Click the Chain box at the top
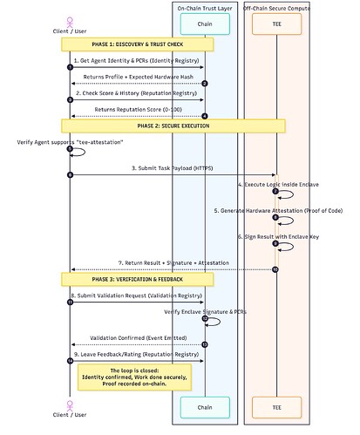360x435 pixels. coord(204,24)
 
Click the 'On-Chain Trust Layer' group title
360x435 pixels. coord(204,7)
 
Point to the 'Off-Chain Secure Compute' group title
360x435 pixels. coord(275,7)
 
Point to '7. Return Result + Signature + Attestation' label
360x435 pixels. coord(172,262)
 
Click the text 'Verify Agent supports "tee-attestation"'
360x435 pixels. coord(70,142)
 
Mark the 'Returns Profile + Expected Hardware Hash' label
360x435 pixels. coord(137,77)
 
